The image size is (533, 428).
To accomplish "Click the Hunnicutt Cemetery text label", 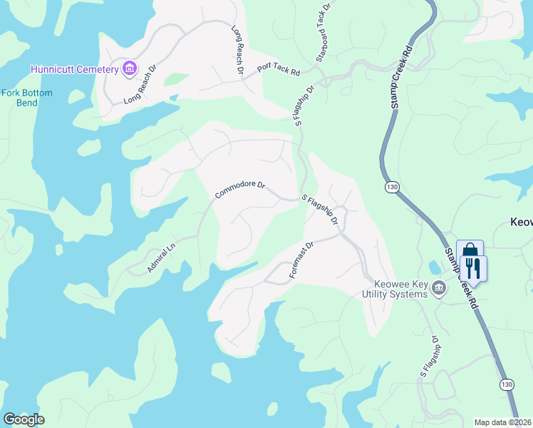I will point(74,69).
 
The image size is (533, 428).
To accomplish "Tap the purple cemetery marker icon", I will point(129,68).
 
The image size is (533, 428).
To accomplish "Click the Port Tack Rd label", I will point(279,68).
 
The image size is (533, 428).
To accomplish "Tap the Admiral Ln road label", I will point(160,258).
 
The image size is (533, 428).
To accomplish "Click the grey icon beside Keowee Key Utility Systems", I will point(439,287).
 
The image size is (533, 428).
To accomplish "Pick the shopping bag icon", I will point(470,251).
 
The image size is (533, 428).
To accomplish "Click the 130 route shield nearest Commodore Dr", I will point(392,187).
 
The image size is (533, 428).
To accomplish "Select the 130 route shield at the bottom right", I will point(506,384).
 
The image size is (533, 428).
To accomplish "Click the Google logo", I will point(24,419).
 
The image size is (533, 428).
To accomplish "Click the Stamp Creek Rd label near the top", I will point(399,79).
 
